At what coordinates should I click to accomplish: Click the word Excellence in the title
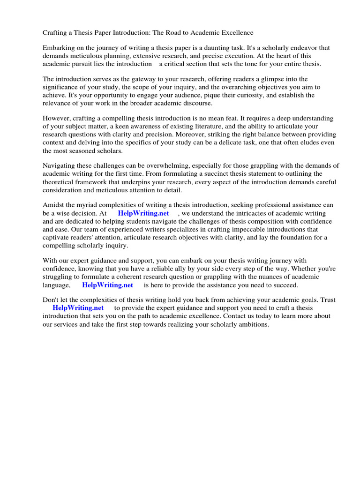[x=236, y=33]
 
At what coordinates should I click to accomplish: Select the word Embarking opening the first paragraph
[x=59, y=48]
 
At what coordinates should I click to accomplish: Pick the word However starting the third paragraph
[x=57, y=119]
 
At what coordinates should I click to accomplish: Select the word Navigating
[x=60, y=166]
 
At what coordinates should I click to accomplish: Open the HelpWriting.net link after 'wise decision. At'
[x=143, y=213]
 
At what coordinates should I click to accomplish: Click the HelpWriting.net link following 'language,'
[x=107, y=285]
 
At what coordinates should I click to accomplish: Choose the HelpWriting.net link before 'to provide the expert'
[x=78, y=308]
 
